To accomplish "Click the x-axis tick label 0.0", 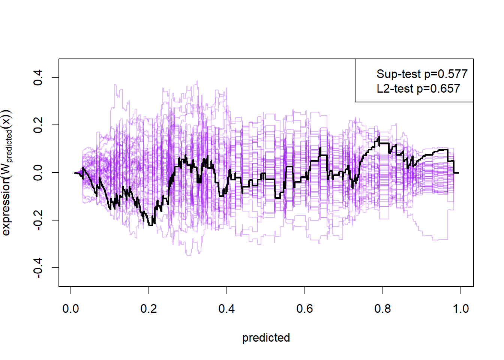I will [70, 309].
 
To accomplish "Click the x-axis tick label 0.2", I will [148, 309].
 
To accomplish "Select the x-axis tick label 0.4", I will [226, 309].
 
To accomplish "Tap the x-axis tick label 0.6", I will [304, 309].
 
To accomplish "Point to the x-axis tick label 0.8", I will [382, 309].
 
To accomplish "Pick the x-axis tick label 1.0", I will [460, 309].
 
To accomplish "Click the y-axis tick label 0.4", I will [38, 77].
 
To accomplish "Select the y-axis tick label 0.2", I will [38, 125].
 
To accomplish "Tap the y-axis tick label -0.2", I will [38, 220].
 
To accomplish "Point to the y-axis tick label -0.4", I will [38, 267].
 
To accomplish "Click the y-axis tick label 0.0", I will [38, 172].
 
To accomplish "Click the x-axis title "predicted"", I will [266, 338].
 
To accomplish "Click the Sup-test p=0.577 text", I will [422, 74].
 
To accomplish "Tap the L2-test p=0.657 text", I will [418, 89].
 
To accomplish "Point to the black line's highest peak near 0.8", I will [379, 137].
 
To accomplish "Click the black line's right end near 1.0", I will [458, 173].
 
